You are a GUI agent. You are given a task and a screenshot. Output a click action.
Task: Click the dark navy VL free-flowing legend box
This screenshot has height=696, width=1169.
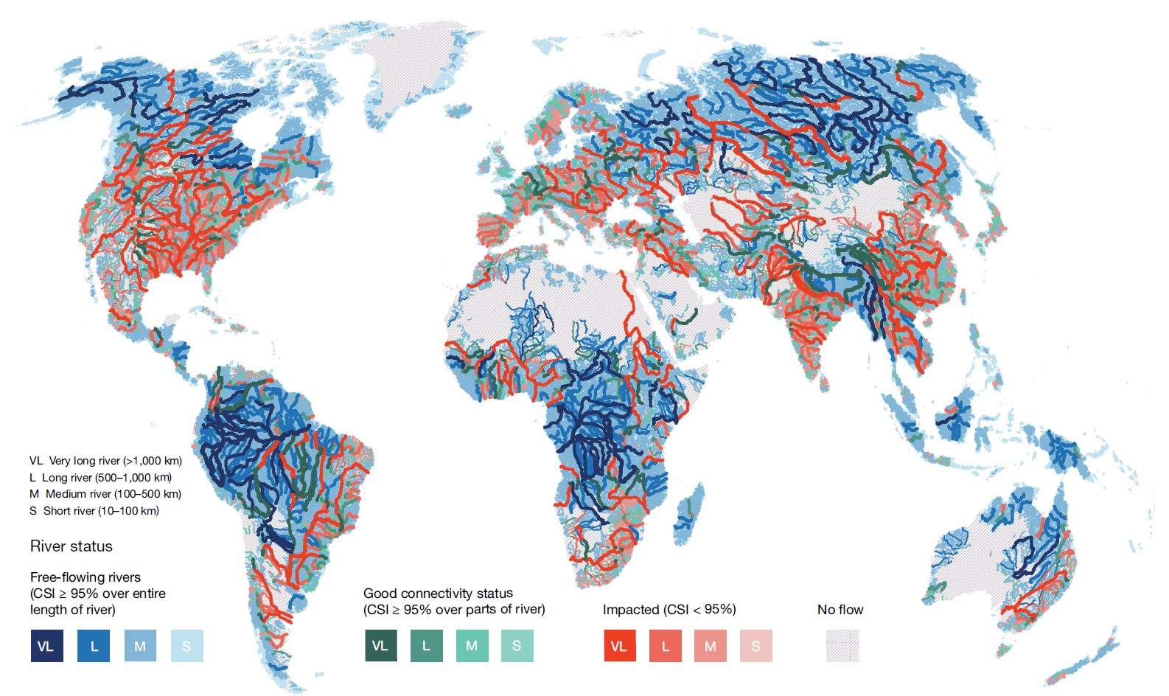pyautogui.click(x=46, y=646)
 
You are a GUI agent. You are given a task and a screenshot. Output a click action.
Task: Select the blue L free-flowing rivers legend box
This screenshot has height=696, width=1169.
pyautogui.click(x=94, y=646)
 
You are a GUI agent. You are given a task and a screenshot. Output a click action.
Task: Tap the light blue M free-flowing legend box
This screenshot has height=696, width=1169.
pyautogui.click(x=140, y=646)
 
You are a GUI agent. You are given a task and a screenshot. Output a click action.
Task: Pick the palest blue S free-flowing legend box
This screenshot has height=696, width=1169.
pyautogui.click(x=186, y=646)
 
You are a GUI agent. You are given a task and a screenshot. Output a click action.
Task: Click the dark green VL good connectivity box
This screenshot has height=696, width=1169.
pyautogui.click(x=380, y=646)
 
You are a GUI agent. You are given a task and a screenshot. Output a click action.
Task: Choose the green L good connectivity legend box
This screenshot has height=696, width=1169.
pyautogui.click(x=426, y=646)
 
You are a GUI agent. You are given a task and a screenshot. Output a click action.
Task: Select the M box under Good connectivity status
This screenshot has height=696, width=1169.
pyautogui.click(x=472, y=646)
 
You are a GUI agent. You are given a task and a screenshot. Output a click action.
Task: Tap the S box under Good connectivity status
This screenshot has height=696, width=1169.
pyautogui.click(x=517, y=646)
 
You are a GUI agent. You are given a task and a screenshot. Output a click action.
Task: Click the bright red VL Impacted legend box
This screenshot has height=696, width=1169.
pyautogui.click(x=619, y=646)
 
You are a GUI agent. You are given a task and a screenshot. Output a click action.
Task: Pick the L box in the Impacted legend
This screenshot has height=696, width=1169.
pyautogui.click(x=665, y=646)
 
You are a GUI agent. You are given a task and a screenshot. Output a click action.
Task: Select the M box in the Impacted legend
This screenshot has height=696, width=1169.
pyautogui.click(x=711, y=646)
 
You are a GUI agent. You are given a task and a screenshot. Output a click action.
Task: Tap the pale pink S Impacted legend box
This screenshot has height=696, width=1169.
pyautogui.click(x=756, y=646)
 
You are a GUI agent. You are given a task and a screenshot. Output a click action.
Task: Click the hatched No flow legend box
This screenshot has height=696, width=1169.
pyautogui.click(x=842, y=646)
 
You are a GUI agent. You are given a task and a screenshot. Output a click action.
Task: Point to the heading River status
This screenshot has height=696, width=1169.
pyautogui.click(x=71, y=546)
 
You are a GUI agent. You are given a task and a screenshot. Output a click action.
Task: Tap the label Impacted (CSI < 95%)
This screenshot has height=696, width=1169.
pyautogui.click(x=669, y=610)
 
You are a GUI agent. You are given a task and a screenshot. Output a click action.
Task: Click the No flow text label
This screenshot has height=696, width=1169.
pyautogui.click(x=840, y=610)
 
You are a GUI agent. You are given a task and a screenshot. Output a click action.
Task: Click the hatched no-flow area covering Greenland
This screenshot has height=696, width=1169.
pyautogui.click(x=413, y=66)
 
